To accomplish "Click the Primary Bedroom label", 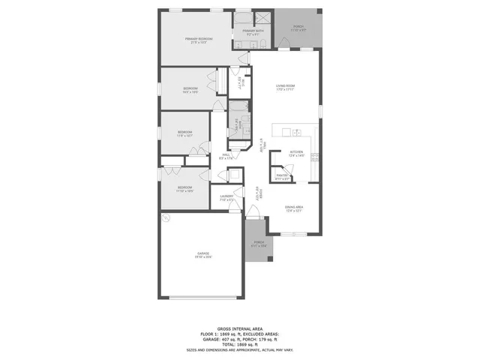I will click(x=199, y=39).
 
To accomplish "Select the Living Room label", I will click(x=284, y=87).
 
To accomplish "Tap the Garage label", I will click(x=203, y=254).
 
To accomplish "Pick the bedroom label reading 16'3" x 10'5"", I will click(x=190, y=88).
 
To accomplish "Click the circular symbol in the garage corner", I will click(x=166, y=217).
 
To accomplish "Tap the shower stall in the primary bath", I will click(x=263, y=19).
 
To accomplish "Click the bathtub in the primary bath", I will click(x=244, y=19).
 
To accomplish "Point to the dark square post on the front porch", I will click(x=270, y=259).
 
